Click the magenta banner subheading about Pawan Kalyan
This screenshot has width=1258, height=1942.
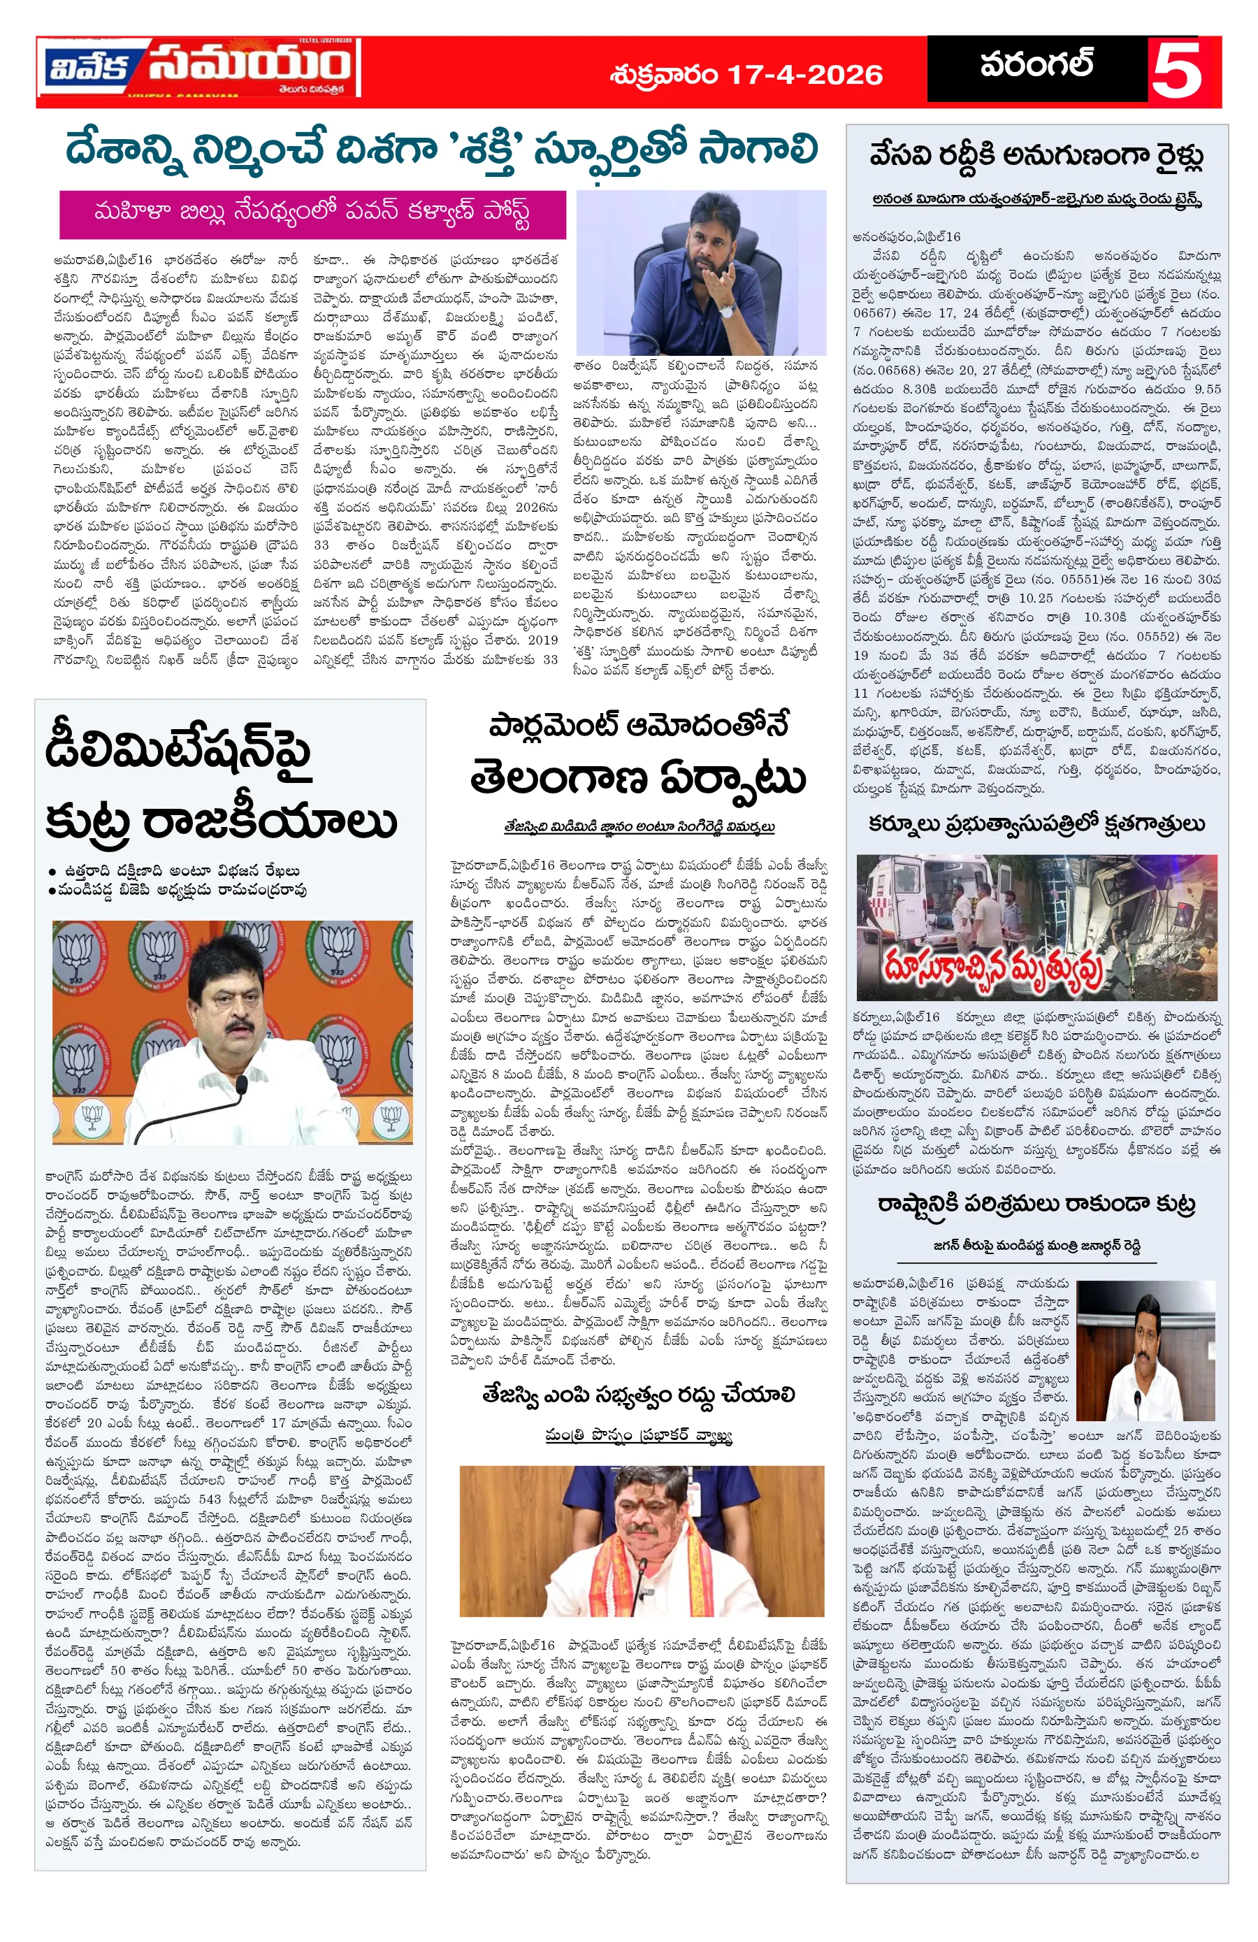click(x=312, y=214)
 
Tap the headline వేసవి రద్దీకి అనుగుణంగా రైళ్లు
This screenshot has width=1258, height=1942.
click(x=1036, y=155)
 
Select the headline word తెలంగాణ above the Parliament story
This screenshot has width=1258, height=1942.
click(x=558, y=779)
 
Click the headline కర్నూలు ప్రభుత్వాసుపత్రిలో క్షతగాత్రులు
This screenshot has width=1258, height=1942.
click(x=1036, y=825)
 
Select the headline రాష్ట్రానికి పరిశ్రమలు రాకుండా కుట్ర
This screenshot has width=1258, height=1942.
click(x=1036, y=1204)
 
